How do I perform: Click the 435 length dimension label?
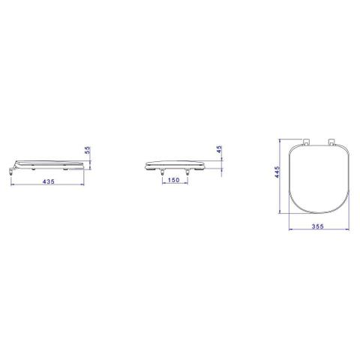click(x=49, y=181)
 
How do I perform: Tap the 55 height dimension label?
click(x=88, y=151)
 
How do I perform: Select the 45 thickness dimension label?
click(x=219, y=149)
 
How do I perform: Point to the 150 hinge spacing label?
click(x=174, y=180)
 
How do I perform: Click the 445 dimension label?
click(x=277, y=172)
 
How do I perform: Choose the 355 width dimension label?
click(x=318, y=226)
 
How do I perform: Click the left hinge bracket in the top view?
click(x=306, y=142)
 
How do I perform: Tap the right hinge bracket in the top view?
click(x=331, y=142)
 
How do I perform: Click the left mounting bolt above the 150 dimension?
click(x=163, y=172)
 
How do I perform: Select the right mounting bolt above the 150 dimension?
click(x=187, y=172)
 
